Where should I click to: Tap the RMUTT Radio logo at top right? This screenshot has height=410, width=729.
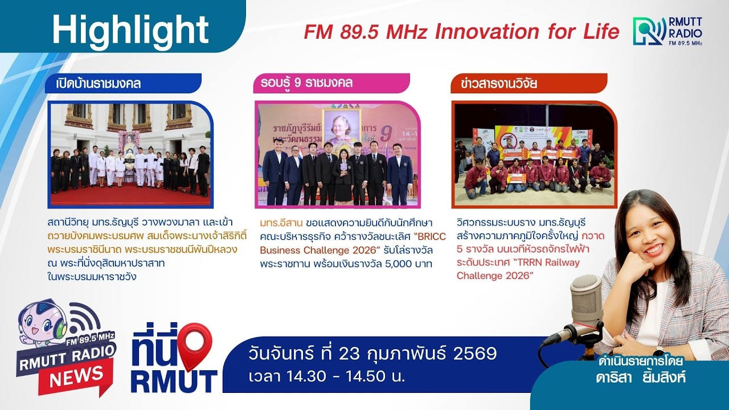coord(667,31)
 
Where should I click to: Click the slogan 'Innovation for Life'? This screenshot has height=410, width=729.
coord(527,32)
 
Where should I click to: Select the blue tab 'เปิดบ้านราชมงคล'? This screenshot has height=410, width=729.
coord(99,84)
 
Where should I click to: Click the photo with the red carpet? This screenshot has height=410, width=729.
coord(130,154)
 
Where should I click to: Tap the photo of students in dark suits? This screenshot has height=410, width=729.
coord(337,154)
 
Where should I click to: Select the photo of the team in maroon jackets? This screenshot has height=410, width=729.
coord(534,154)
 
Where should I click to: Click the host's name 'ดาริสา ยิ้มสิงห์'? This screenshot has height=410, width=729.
coord(640,377)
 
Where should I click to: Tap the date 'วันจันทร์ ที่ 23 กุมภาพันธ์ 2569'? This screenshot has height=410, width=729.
coord(372,354)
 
